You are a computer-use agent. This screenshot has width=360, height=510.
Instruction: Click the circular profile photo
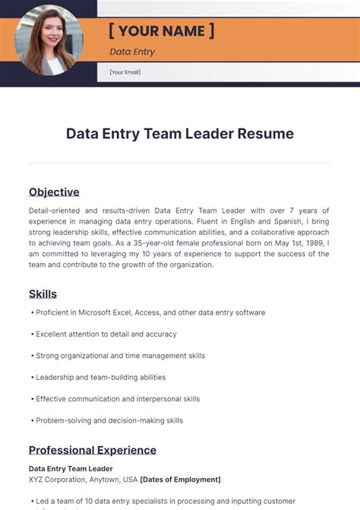(49, 40)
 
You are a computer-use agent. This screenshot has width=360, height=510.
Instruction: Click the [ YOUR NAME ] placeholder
(161, 30)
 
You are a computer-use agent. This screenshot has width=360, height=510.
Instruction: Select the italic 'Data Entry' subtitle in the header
(132, 52)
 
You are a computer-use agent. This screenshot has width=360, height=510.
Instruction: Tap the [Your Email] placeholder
(125, 72)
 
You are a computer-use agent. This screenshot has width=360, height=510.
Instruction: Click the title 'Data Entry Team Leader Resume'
(180, 134)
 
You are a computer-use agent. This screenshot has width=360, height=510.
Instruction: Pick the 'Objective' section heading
(54, 192)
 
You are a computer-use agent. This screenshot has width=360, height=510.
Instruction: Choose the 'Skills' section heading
(43, 293)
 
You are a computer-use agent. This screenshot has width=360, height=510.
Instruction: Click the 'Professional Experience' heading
(93, 450)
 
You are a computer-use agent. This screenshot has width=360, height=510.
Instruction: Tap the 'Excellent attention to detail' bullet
(106, 334)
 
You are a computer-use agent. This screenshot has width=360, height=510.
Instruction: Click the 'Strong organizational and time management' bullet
(120, 355)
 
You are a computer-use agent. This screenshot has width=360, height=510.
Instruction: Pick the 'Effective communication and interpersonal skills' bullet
(118, 398)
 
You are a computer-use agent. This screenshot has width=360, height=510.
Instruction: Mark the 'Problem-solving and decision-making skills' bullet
(109, 420)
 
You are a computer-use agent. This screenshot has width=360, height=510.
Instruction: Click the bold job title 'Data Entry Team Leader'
(71, 469)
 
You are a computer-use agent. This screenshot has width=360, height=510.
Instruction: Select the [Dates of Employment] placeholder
(181, 480)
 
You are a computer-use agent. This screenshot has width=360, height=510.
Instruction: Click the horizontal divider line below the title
(180, 163)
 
